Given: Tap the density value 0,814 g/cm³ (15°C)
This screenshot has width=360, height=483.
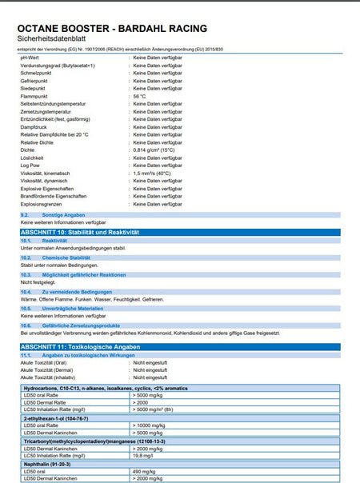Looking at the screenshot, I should click(x=154, y=150).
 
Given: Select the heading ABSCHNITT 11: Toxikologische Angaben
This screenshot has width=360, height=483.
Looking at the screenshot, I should click(x=80, y=347).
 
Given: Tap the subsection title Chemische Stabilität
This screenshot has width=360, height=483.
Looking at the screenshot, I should click(x=66, y=257).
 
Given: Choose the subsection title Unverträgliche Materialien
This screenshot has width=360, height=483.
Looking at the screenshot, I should click(x=73, y=308).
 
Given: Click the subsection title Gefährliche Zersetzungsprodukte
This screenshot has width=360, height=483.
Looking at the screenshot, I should click(x=81, y=325).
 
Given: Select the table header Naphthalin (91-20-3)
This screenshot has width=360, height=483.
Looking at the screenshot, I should click(x=53, y=464).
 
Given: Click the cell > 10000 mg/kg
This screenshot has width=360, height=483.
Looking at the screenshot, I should click(x=153, y=425).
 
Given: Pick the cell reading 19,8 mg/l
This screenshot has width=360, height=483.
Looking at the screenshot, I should click(x=143, y=456).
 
